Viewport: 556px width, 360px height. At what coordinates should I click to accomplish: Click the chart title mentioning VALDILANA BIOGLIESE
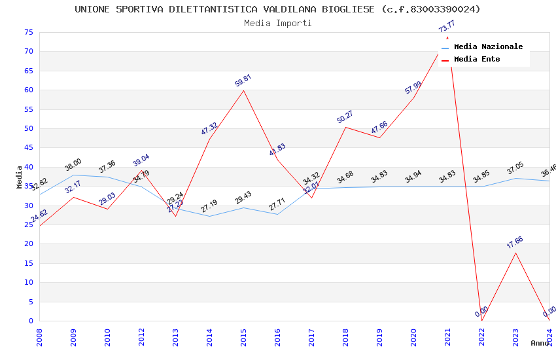(x=277, y=9)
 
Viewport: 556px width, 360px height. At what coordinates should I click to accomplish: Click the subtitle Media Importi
(x=277, y=23)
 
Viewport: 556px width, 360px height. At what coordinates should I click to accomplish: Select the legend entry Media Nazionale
(x=488, y=46)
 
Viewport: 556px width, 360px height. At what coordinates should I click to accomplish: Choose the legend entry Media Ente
(x=477, y=59)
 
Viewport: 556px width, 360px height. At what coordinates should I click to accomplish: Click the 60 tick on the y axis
(x=27, y=90)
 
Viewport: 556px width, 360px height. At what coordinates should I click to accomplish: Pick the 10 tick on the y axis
(x=27, y=282)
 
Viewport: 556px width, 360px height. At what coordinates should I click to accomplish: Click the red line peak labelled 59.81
(x=243, y=90)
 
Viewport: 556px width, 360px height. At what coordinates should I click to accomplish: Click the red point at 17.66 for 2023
(x=515, y=253)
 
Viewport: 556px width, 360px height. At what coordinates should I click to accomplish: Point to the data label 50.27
(x=345, y=117)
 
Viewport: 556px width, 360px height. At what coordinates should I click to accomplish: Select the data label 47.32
(x=209, y=129)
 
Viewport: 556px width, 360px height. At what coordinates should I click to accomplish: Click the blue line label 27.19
(x=209, y=207)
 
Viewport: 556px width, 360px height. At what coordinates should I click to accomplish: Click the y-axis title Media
(x=20, y=177)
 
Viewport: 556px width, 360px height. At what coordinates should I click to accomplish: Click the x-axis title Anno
(x=540, y=343)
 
